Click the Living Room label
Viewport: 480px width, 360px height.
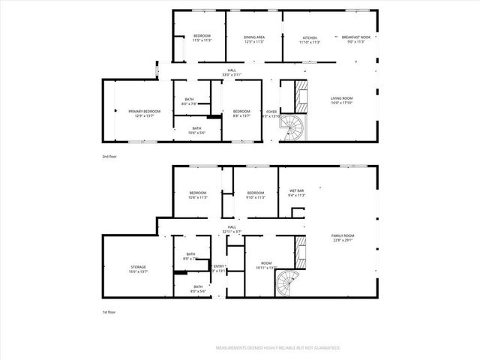tap(342, 100)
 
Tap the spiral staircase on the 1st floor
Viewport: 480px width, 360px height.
tap(287, 284)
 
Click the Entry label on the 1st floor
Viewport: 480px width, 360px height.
tap(219, 268)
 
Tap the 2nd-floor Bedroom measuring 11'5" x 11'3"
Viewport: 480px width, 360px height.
tap(202, 38)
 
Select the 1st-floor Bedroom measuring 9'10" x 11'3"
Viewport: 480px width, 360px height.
tap(256, 194)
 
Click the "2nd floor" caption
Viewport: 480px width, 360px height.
tap(110, 157)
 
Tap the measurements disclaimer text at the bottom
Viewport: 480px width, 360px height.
tap(277, 348)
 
